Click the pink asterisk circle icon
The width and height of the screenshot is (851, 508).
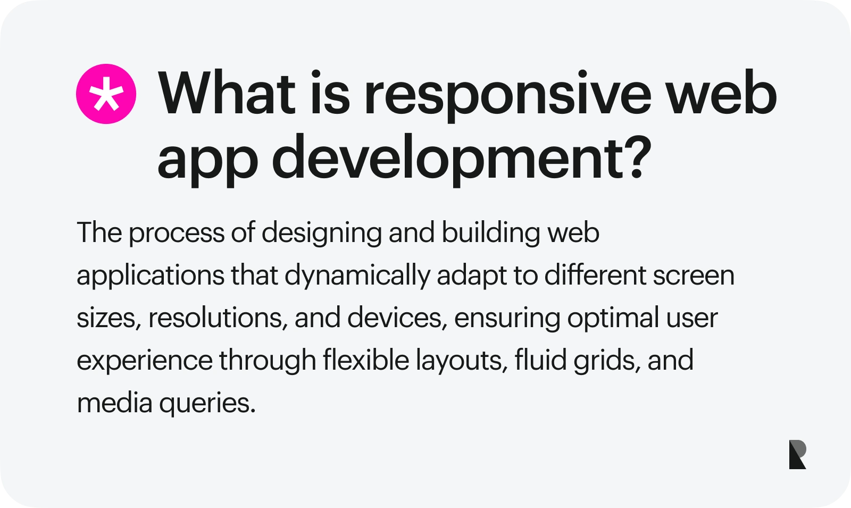tap(106, 94)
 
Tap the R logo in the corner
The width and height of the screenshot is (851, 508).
tap(797, 454)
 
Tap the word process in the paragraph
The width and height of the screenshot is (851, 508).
tap(177, 233)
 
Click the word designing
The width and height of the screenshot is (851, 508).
tap(322, 233)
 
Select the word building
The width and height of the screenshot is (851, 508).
tap(490, 233)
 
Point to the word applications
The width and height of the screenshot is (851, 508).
tap(151, 276)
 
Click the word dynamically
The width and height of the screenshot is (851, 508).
tap(357, 276)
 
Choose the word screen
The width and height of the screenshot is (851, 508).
tap(694, 276)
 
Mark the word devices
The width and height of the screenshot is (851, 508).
tap(397, 318)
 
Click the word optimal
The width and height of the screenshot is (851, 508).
tap(613, 318)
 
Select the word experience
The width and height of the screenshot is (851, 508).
tap(145, 361)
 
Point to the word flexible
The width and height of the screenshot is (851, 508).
tap(366, 359)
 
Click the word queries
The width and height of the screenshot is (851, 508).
tap(207, 403)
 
